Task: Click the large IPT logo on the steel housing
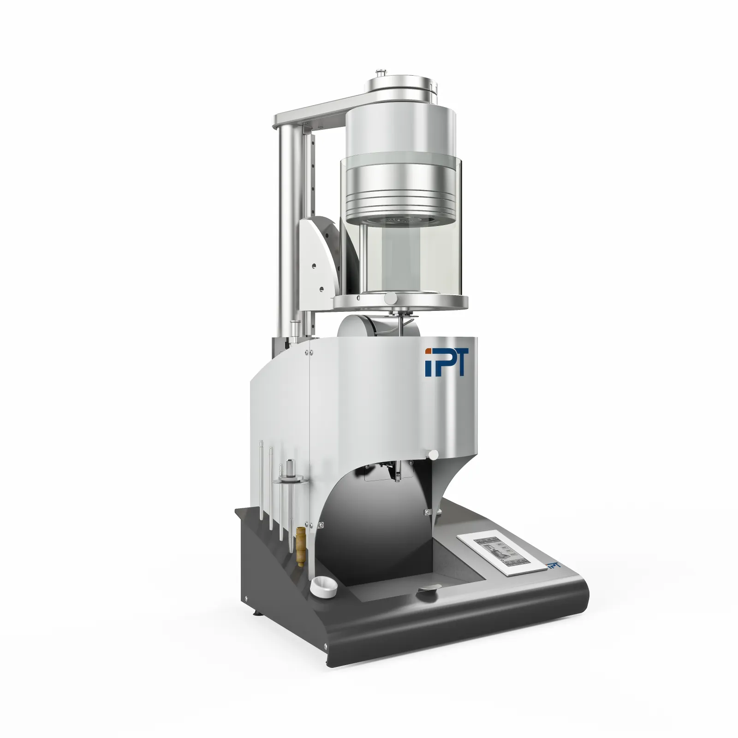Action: pos(446,363)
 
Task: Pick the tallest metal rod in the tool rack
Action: pos(261,480)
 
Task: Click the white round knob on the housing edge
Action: pos(433,455)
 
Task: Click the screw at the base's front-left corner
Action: pos(325,645)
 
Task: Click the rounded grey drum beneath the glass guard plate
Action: pos(369,327)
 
